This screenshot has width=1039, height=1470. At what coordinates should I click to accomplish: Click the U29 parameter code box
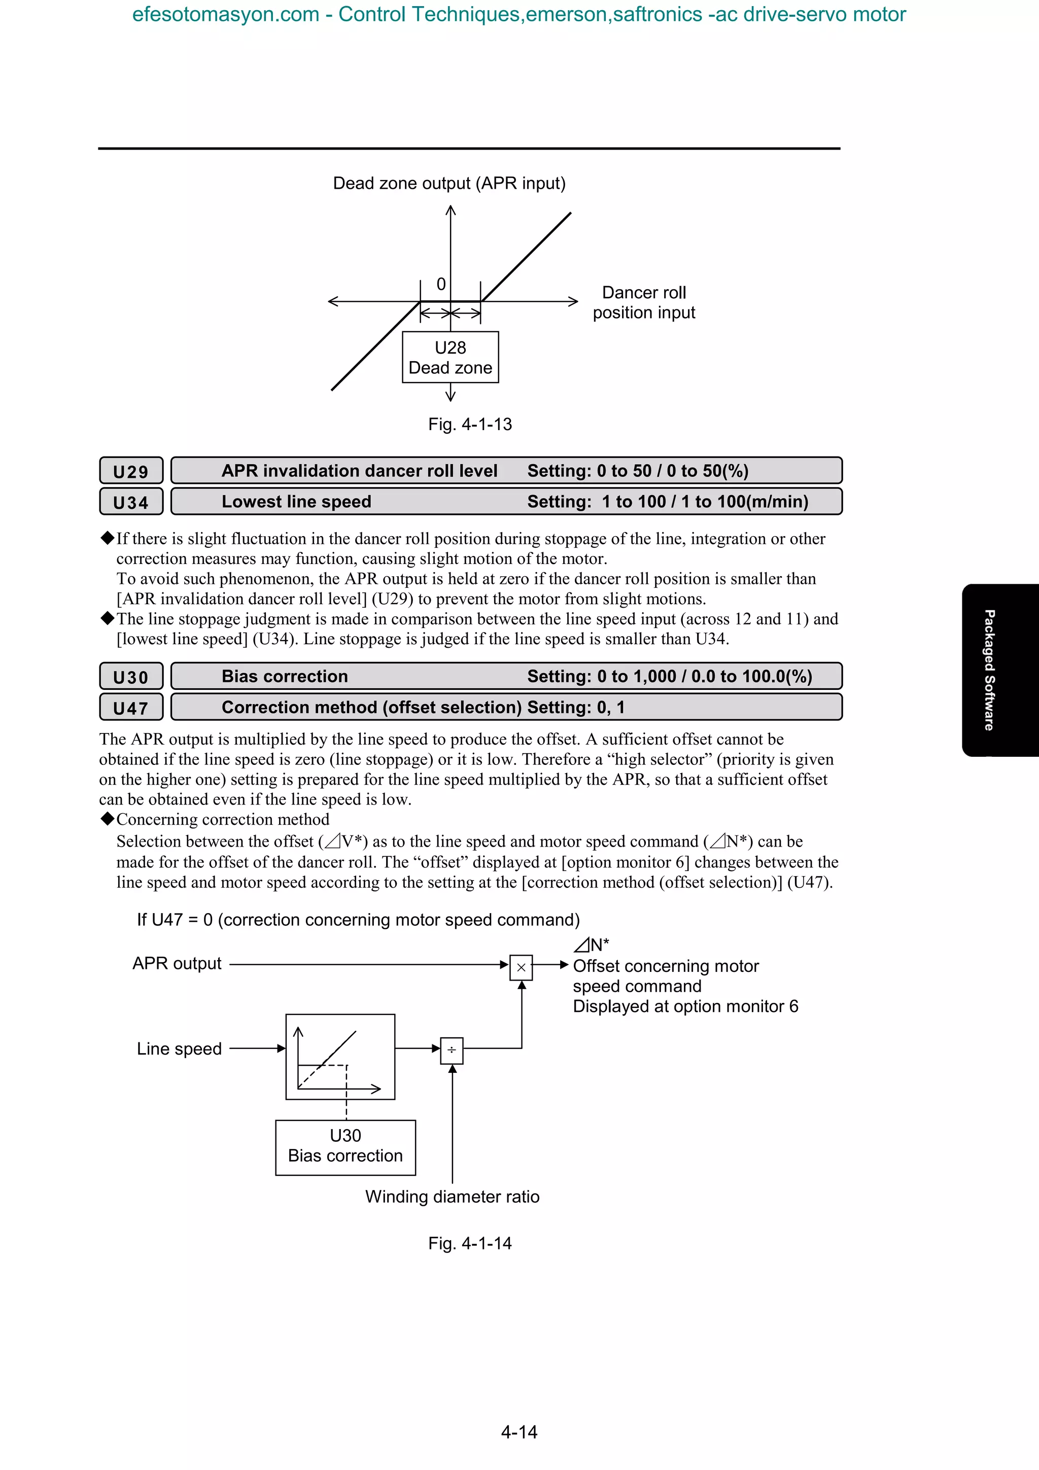(x=130, y=471)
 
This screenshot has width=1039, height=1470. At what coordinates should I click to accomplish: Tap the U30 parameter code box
(x=130, y=677)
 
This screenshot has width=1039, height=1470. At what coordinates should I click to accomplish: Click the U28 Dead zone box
(x=450, y=357)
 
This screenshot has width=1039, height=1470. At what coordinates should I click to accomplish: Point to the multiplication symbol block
(x=521, y=967)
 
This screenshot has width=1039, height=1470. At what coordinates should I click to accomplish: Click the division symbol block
(x=452, y=1050)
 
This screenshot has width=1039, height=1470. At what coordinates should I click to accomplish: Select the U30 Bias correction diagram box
(x=345, y=1147)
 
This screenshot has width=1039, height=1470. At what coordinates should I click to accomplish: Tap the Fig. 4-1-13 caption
(x=470, y=425)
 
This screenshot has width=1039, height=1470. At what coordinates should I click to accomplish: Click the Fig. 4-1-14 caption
(x=470, y=1243)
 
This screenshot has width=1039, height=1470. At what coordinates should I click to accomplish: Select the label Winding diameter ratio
(x=452, y=1197)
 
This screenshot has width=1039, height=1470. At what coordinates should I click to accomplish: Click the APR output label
(x=177, y=964)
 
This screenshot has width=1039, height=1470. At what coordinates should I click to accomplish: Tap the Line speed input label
(x=179, y=1048)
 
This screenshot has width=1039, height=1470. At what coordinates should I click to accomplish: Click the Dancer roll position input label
(x=643, y=303)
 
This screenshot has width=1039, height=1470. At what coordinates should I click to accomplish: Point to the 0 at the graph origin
(x=441, y=284)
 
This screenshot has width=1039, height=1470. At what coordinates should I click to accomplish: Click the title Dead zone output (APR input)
(x=449, y=184)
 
